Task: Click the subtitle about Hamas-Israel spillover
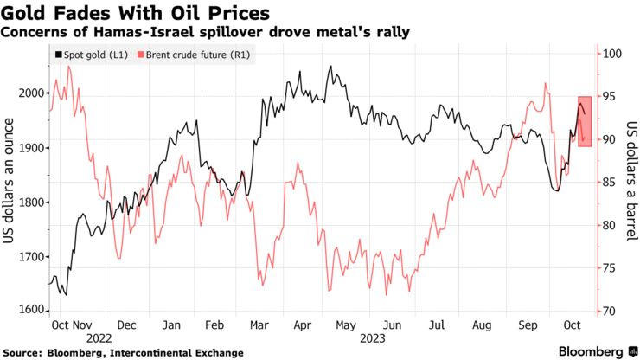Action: click(206, 32)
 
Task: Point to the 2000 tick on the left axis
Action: click(30, 93)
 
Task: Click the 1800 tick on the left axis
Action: click(30, 202)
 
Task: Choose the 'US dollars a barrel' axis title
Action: click(630, 183)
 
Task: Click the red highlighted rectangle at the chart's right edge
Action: click(585, 121)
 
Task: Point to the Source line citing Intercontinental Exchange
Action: click(122, 353)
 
